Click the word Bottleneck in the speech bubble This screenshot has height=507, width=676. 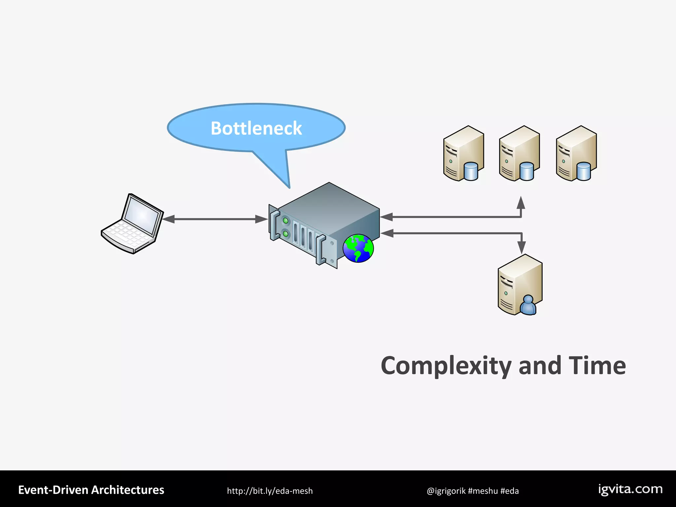[x=256, y=128]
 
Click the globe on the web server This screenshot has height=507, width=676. [x=358, y=248]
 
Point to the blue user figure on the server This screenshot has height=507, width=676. [x=528, y=305]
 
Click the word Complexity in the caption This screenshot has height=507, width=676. [x=446, y=366]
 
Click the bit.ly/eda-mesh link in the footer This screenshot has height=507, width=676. [x=270, y=491]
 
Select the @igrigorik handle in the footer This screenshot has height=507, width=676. [x=446, y=491]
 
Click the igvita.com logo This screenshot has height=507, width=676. [x=630, y=489]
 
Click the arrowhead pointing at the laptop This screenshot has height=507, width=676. [x=168, y=219]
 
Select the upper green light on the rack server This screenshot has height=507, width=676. [x=286, y=220]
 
